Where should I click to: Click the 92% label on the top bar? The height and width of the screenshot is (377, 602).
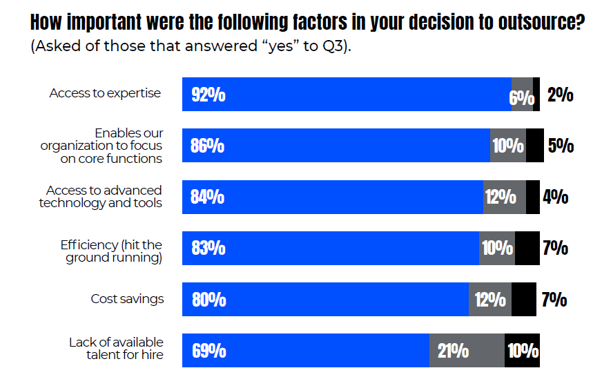pyautogui.click(x=208, y=95)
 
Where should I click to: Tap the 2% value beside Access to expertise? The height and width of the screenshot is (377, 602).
pyautogui.click(x=560, y=95)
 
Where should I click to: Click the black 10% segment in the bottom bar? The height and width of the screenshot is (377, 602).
pyautogui.click(x=523, y=351)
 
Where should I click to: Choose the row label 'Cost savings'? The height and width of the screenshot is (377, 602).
pyautogui.click(x=127, y=299)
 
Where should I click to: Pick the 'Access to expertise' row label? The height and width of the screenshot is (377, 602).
pyautogui.click(x=105, y=93)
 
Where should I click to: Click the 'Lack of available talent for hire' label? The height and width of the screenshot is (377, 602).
pyautogui.click(x=115, y=349)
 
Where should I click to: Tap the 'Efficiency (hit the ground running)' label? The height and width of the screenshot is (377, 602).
pyautogui.click(x=111, y=251)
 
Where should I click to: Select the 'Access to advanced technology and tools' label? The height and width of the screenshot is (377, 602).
pyautogui.click(x=101, y=197)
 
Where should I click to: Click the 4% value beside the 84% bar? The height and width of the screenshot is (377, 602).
pyautogui.click(x=556, y=197)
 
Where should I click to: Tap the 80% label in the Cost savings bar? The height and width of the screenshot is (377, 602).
pyautogui.click(x=208, y=300)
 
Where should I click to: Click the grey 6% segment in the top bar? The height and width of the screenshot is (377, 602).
pyautogui.click(x=522, y=95)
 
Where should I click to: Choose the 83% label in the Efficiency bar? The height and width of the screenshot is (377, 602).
pyautogui.click(x=208, y=249)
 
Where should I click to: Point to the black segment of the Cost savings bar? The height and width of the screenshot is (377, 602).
pyautogui.click(x=523, y=300)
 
